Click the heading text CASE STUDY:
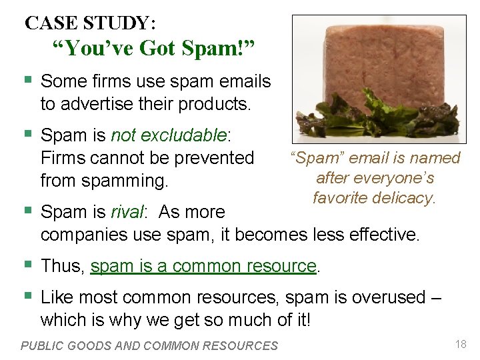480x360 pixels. (91, 23)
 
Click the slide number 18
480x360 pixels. (460, 344)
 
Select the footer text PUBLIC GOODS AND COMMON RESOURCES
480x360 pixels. (149, 345)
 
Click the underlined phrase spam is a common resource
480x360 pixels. (203, 266)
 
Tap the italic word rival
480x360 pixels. (126, 213)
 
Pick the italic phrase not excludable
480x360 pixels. (169, 135)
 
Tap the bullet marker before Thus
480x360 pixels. (27, 265)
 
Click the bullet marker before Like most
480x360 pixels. (27, 297)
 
